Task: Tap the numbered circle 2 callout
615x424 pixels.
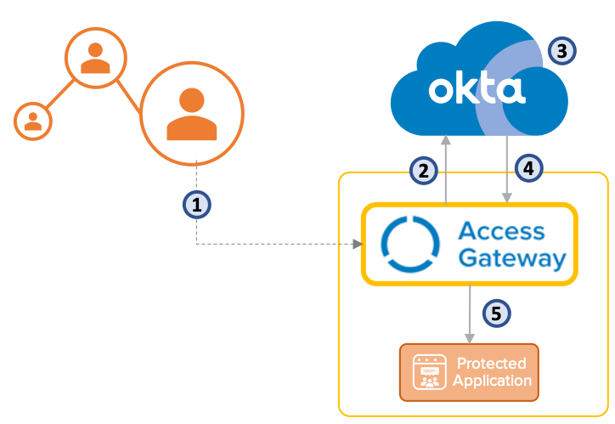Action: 422,170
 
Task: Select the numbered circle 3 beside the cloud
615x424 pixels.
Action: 561,50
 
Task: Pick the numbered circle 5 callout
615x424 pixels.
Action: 498,312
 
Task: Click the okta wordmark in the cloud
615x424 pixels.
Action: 477,90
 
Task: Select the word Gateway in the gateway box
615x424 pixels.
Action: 513,258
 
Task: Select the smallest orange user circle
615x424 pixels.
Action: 33,120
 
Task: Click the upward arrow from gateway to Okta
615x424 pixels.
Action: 445,170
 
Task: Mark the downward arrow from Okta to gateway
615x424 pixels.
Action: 507,170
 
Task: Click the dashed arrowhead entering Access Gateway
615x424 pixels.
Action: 357,245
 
